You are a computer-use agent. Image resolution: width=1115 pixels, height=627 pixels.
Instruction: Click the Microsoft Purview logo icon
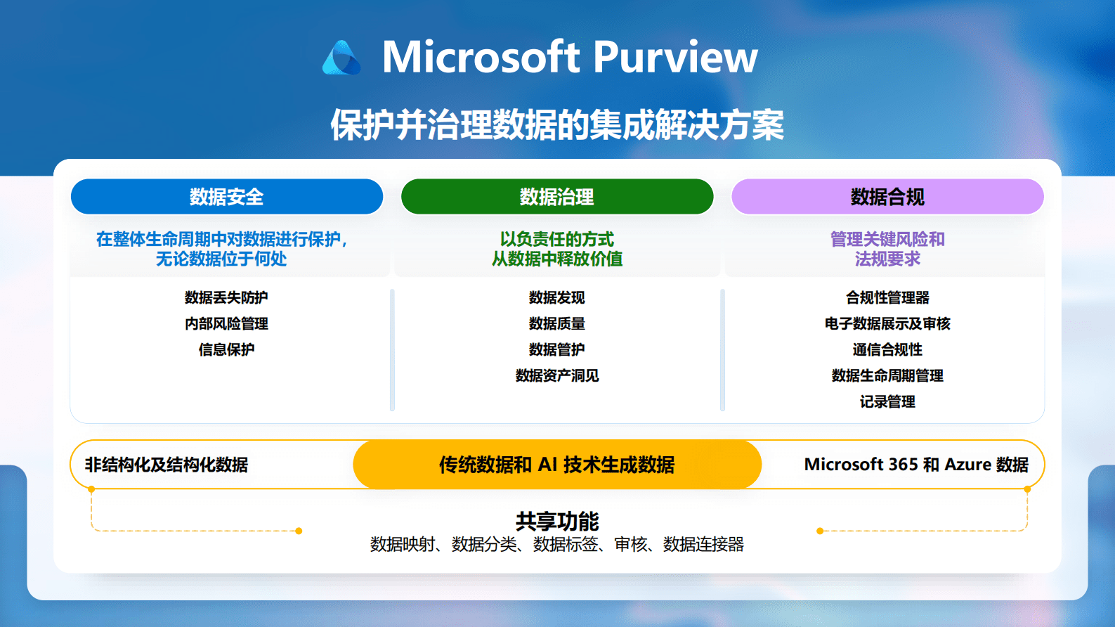341,58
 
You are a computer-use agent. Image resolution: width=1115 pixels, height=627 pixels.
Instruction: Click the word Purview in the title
675,57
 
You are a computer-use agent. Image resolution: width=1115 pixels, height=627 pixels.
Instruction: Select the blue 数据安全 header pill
227,197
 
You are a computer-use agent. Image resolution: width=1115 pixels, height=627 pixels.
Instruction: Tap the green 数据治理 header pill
557,197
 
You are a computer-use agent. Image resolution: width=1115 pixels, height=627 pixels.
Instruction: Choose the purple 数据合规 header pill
887,197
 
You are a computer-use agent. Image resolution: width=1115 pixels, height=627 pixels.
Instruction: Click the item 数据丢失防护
226,297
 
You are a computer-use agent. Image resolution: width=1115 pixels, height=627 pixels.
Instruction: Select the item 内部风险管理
226,323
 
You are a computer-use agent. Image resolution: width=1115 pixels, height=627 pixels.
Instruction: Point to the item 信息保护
226,349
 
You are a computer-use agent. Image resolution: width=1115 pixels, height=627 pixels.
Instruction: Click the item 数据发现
557,297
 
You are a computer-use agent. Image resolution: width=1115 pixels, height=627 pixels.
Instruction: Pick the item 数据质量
557,323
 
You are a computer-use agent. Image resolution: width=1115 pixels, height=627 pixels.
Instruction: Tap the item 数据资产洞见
557,375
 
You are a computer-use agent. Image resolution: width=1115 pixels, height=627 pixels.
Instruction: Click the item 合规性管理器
887,297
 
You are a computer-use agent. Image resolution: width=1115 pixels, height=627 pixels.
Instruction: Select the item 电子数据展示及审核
887,323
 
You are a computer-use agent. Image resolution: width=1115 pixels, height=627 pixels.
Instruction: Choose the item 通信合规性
887,349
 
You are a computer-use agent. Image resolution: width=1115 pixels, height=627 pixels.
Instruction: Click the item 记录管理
887,401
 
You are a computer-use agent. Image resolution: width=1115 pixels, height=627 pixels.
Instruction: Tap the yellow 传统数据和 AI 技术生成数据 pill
557,465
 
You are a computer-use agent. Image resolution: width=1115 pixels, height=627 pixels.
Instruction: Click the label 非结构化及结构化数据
167,465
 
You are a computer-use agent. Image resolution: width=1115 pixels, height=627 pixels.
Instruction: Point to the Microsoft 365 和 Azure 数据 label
916,465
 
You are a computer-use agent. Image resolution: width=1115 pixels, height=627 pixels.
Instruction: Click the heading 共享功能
557,521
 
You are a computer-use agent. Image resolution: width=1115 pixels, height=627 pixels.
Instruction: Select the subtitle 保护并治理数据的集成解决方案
557,125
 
